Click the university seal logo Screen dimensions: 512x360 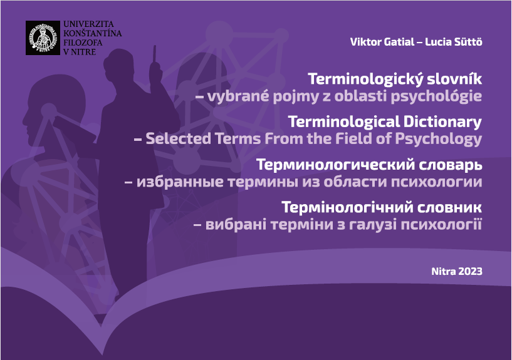click(43, 38)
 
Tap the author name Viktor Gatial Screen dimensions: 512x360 click(382, 42)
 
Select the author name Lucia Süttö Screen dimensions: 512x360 click(454, 42)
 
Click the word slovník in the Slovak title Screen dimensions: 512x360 click(454, 79)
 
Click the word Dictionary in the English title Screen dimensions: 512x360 click(442, 122)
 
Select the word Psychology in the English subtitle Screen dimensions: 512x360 click(439, 139)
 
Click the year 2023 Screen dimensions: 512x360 click(470, 271)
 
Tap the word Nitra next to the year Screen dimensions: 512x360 click(444, 271)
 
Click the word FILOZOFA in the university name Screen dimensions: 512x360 click(83, 43)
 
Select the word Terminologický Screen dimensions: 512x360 click(365, 80)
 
